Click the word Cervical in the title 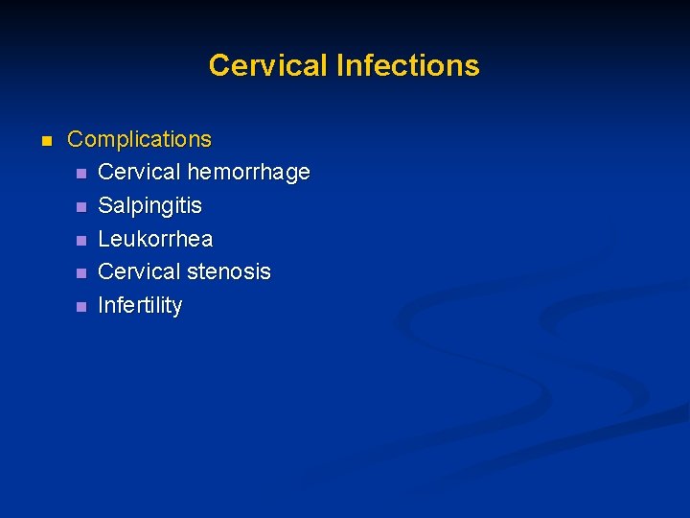click(268, 65)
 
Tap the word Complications click(139, 139)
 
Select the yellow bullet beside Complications click(45, 140)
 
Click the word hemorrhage click(249, 173)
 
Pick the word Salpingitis click(149, 205)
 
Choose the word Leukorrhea click(155, 239)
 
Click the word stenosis click(229, 271)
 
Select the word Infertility click(140, 305)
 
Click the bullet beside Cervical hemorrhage click(80, 174)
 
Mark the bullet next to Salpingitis click(80, 206)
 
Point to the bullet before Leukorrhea click(80, 240)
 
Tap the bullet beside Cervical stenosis click(80, 272)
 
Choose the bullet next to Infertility click(80, 306)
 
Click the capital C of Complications click(75, 139)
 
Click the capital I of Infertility click(101, 305)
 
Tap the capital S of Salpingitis click(104, 205)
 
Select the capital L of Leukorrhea click(103, 239)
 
